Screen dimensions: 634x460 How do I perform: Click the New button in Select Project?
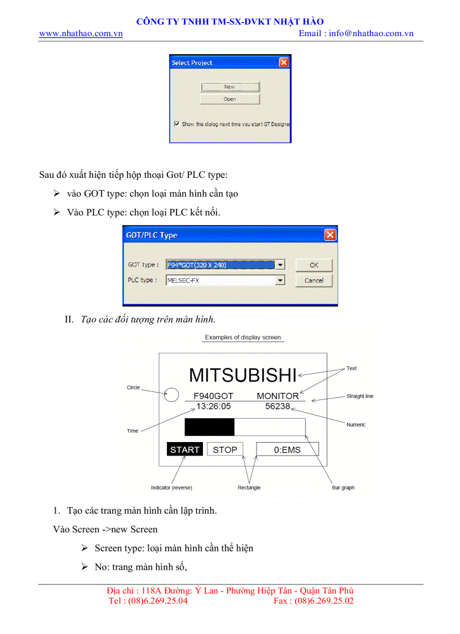click(x=230, y=87)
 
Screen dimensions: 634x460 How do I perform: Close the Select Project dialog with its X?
click(x=284, y=63)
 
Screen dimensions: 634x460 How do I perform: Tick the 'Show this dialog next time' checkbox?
click(x=176, y=124)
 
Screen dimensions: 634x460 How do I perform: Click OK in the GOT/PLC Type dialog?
click(x=314, y=265)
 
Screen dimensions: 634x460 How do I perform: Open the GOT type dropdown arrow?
click(x=281, y=265)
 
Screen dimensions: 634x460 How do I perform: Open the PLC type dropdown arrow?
click(x=281, y=280)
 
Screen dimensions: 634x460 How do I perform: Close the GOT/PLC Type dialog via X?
click(x=330, y=235)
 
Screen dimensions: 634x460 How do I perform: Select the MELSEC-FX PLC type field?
click(x=220, y=280)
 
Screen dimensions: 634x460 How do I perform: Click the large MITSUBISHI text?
click(x=242, y=375)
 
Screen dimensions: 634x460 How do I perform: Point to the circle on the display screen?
click(x=171, y=395)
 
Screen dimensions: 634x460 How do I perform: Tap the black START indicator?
click(x=185, y=450)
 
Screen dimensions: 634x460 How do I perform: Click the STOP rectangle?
click(x=225, y=449)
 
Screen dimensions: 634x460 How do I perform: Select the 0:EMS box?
click(x=287, y=449)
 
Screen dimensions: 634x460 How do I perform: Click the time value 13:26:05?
click(x=213, y=406)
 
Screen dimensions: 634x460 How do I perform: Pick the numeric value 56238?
click(x=277, y=406)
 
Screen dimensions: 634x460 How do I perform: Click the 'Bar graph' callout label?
click(x=343, y=488)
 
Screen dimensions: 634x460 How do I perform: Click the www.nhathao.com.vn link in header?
click(x=81, y=33)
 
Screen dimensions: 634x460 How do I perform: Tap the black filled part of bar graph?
click(x=209, y=427)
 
